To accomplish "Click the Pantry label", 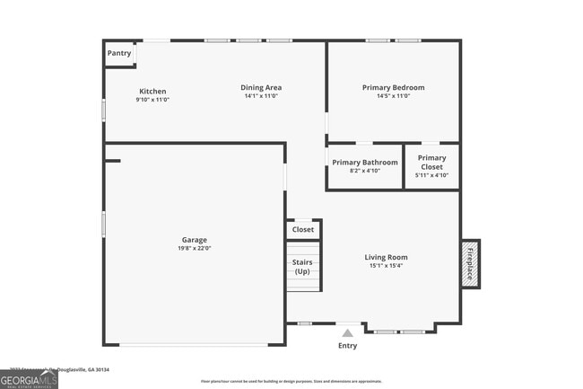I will (x=119, y=53).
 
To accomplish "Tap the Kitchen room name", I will (x=152, y=91).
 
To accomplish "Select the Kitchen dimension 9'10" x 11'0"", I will (x=152, y=99).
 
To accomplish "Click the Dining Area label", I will (x=261, y=87).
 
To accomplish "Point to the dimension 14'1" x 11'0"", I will (x=261, y=96).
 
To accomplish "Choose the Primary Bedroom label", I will (x=393, y=87).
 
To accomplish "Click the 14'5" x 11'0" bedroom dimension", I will (x=393, y=96).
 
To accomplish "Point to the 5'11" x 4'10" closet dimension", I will (x=431, y=175).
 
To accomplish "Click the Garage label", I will (x=195, y=240).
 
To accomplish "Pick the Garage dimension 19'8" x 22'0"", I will (x=195, y=249).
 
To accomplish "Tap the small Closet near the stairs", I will (x=303, y=229).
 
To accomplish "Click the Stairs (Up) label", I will (x=302, y=266).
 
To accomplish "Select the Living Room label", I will (x=386, y=257).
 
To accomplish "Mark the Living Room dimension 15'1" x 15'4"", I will (x=386, y=266).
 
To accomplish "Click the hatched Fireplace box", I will (x=470, y=262).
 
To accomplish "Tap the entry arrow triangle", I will (x=347, y=332).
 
